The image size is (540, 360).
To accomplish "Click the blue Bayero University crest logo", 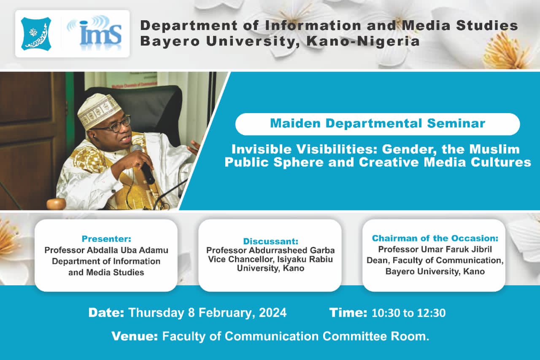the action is [36, 34].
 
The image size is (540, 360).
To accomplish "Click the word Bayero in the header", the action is [170, 41].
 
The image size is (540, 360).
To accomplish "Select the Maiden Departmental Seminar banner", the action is [378, 124].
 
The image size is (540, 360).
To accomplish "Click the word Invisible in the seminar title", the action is [262, 149].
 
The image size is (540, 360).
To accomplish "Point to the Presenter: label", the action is [106, 239].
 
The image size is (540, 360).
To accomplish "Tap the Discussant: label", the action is [270, 241].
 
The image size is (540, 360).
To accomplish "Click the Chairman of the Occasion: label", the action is [435, 238].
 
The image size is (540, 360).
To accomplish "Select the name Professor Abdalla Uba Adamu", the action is [106, 250].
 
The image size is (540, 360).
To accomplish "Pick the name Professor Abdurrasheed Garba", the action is [270, 250].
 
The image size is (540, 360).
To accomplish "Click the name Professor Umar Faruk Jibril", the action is [435, 249].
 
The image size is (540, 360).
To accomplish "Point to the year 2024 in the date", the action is [273, 313].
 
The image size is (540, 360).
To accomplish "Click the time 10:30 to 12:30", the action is [409, 313].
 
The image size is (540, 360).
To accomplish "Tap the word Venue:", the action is [135, 336].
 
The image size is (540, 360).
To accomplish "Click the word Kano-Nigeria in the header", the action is [363, 41].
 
